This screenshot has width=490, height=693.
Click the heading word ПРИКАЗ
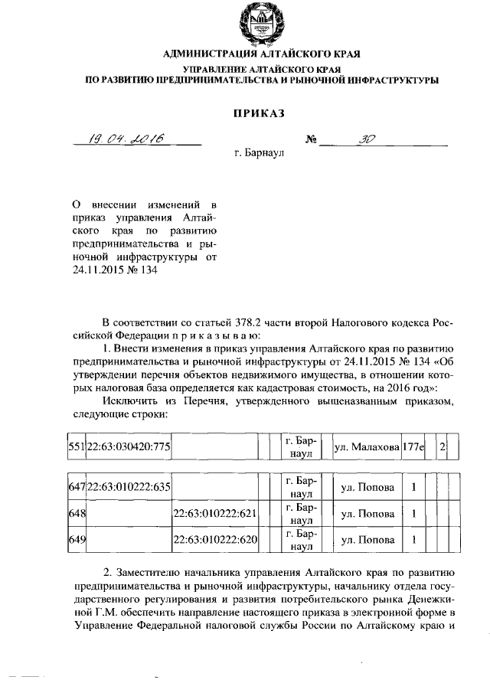[x=259, y=113]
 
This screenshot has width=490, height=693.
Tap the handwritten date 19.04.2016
[x=124, y=139]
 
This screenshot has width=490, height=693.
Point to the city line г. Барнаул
[x=259, y=153]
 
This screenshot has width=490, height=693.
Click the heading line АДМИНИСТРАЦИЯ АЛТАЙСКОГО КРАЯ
[x=258, y=54]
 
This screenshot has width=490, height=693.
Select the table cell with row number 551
[x=76, y=446]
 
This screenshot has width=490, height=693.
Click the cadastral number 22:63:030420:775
[x=128, y=446]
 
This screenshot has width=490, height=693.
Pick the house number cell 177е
[x=413, y=446]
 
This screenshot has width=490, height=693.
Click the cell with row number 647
[x=76, y=486]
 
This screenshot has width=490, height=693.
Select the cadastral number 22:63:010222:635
[x=128, y=486]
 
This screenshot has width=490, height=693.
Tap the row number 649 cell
[x=76, y=541]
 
